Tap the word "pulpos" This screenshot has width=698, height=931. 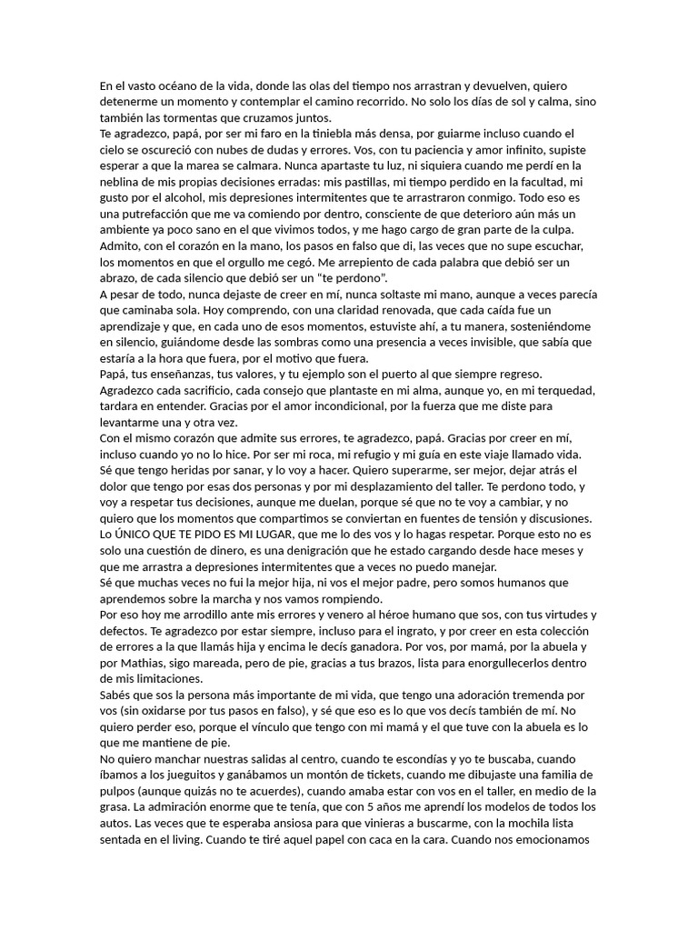pyautogui.click(x=119, y=792)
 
